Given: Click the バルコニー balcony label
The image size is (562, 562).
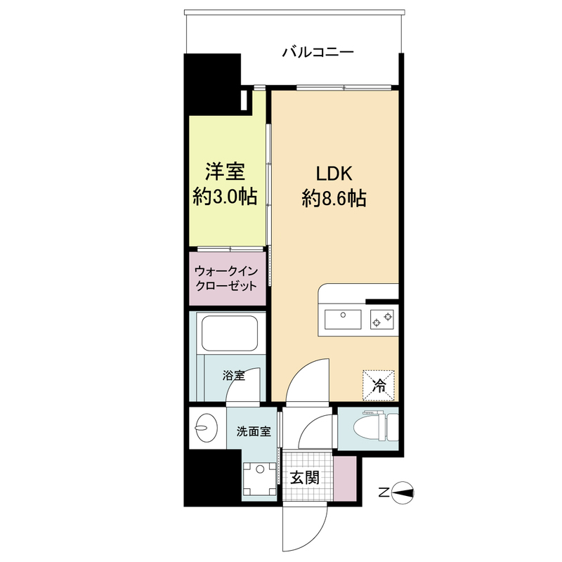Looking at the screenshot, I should tap(317, 52).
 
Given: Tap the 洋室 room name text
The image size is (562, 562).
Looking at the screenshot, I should tap(224, 171).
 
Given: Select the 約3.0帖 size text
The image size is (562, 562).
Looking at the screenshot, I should tap(224, 197).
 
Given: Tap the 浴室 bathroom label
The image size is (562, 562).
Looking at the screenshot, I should tap(234, 375).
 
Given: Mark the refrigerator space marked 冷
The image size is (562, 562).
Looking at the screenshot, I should tap(379, 385).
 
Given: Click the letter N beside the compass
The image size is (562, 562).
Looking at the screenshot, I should tap(383, 492).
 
